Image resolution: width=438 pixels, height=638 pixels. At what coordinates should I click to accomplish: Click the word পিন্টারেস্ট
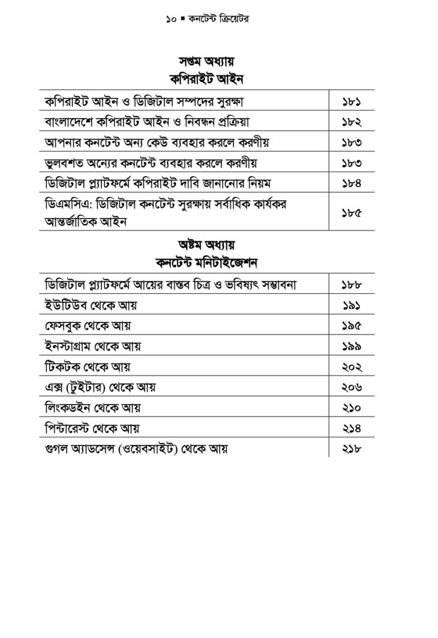[x=70, y=428]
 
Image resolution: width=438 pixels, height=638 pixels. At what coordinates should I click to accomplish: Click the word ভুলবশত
[x=64, y=163]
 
